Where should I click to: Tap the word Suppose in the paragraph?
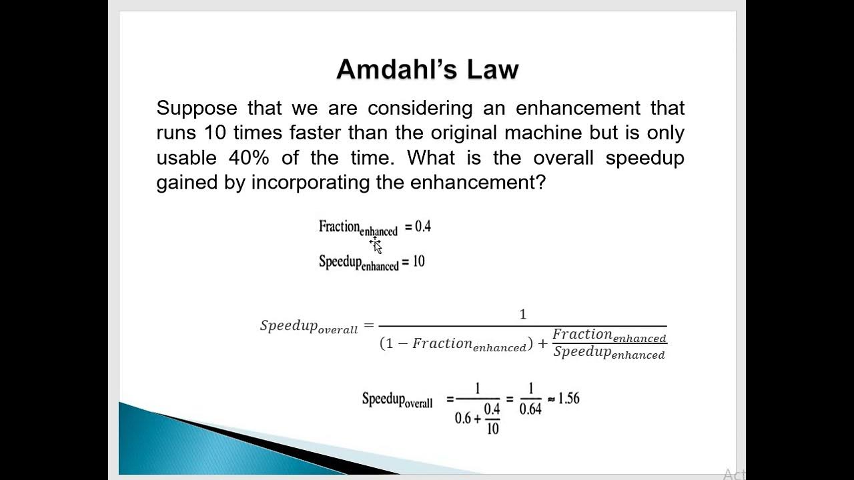click(197, 108)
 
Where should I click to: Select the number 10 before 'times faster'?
click(216, 133)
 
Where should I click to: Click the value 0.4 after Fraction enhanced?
click(423, 227)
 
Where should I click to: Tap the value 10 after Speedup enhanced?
click(418, 261)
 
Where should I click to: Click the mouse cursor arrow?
click(377, 247)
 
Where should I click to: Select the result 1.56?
click(568, 399)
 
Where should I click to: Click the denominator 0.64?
click(530, 409)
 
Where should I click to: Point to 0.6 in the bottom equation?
click(463, 419)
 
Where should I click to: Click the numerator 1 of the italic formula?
click(523, 314)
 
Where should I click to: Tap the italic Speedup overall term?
click(309, 327)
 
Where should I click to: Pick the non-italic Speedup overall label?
click(397, 400)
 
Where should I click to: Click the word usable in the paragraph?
click(186, 157)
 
